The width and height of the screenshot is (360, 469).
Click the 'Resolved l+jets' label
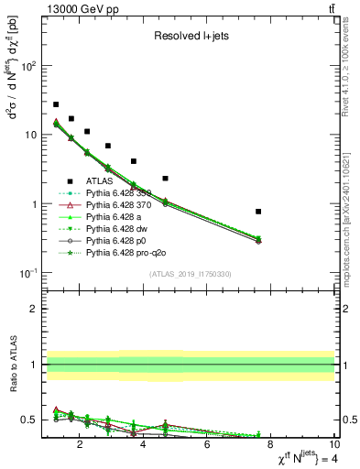(x=190, y=37)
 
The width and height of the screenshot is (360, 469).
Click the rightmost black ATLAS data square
(x=259, y=212)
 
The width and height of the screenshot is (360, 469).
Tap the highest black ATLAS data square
(x=56, y=104)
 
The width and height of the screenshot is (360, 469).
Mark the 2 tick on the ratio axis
(x=35, y=309)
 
